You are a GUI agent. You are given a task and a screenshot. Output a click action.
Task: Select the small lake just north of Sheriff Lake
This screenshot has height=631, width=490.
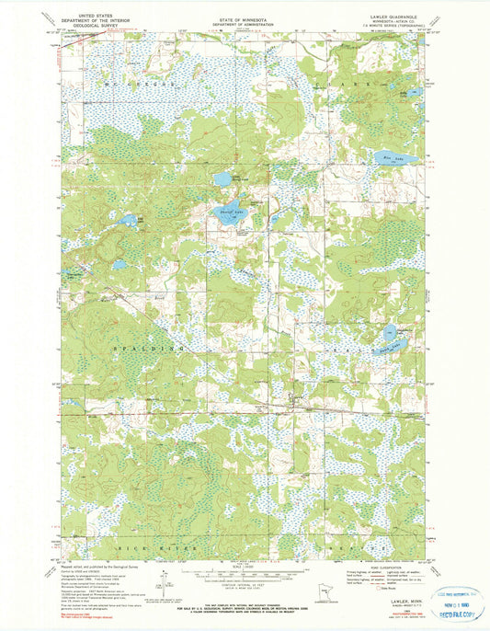tap(222, 178)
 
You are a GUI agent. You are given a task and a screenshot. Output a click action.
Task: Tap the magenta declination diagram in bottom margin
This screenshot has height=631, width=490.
tap(164, 581)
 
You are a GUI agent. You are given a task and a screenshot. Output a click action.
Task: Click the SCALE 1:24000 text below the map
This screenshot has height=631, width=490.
tap(244, 564)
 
